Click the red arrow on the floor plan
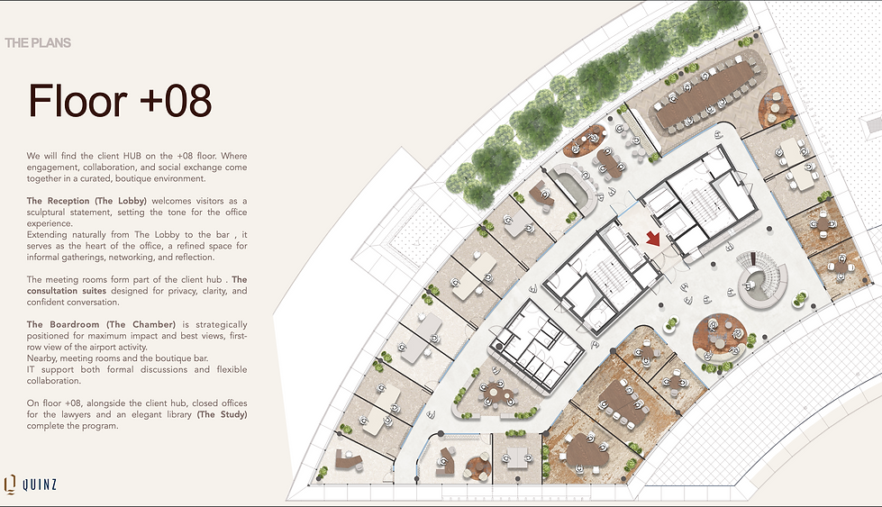(x=652, y=239)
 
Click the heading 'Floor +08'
(x=120, y=101)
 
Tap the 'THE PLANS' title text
(x=38, y=43)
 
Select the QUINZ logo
(x=31, y=484)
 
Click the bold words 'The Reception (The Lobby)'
(x=86, y=201)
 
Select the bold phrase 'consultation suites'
(x=67, y=291)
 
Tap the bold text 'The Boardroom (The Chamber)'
(x=101, y=324)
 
